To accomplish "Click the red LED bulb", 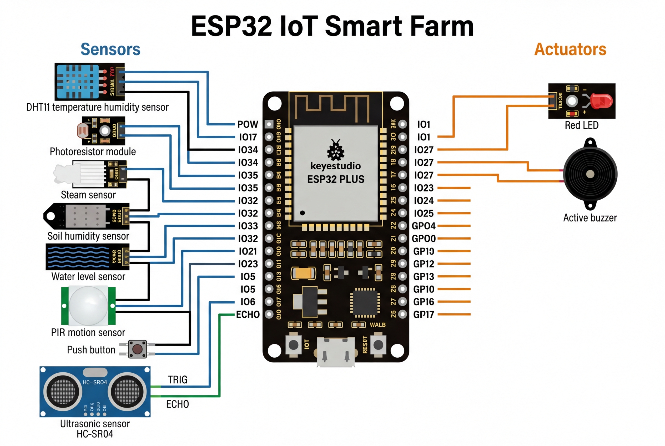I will pyautogui.click(x=601, y=101).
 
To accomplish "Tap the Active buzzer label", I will pyautogui.click(x=590, y=218).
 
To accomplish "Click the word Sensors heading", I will pyautogui.click(x=110, y=49).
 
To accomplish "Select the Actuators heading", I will pyautogui.click(x=570, y=49).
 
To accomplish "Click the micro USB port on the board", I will pyautogui.click(x=336, y=351).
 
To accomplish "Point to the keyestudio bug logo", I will pyautogui.click(x=335, y=150).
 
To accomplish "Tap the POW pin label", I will pyautogui.click(x=248, y=124).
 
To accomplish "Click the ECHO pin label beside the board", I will pyautogui.click(x=248, y=315).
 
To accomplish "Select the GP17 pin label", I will pyautogui.click(x=424, y=315).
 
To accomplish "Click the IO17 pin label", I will pyautogui.click(x=248, y=137).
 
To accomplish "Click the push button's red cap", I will pyautogui.click(x=137, y=349).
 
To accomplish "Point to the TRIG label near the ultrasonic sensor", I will pyautogui.click(x=178, y=380).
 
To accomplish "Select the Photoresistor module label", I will pyautogui.click(x=93, y=152).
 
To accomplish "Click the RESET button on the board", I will pyautogui.click(x=378, y=345).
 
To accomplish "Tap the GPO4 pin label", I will pyautogui.click(x=424, y=226).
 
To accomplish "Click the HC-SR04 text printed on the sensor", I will pyautogui.click(x=95, y=382).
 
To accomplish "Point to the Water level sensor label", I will pyautogui.click(x=88, y=276).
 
